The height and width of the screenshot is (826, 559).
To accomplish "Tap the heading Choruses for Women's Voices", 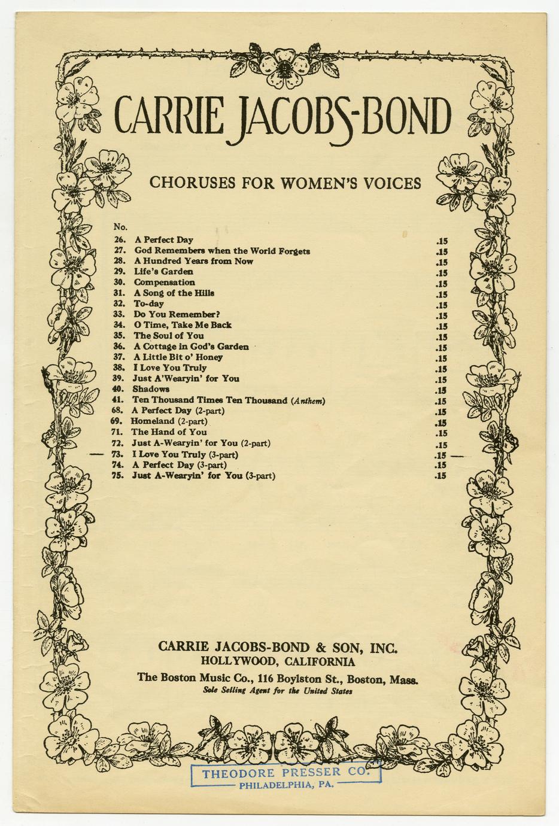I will point(285,183).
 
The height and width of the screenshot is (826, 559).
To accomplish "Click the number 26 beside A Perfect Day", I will point(119,240).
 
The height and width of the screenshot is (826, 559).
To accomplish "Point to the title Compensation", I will point(164,283).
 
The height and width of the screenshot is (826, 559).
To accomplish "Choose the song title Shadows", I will point(151,389).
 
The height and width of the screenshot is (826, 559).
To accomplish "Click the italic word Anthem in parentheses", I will point(308,400).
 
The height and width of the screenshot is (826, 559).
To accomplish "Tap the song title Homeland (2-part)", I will point(169,421).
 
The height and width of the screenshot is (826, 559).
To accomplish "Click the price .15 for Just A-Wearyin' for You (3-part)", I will point(441,476).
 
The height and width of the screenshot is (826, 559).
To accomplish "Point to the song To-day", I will point(148,303).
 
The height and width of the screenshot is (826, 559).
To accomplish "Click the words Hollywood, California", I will point(278,661).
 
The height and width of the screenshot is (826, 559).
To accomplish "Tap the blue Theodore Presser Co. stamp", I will point(285,776).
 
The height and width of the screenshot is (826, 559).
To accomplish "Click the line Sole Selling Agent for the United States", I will point(278,691).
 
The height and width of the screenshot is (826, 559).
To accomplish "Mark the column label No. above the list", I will point(120,227).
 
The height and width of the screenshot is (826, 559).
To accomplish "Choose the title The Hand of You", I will point(169,432).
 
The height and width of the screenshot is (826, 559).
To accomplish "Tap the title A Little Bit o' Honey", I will point(178,357).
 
